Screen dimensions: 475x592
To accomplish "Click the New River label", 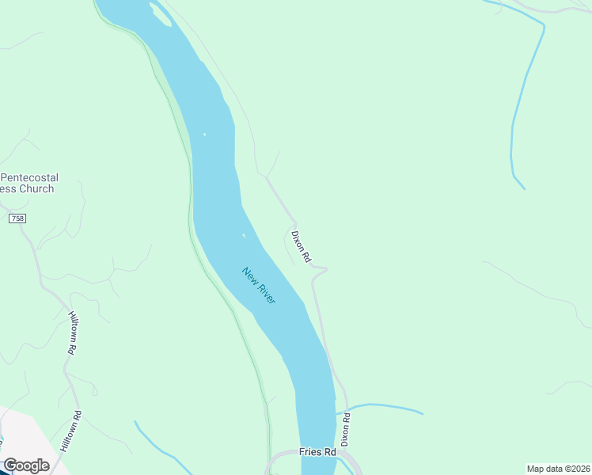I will (x=259, y=287).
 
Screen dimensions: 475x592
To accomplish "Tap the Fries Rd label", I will (x=317, y=452).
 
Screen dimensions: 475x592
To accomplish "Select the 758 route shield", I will (x=17, y=218).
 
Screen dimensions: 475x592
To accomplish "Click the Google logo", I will (x=26, y=465).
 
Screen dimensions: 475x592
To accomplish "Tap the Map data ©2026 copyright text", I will (x=559, y=469).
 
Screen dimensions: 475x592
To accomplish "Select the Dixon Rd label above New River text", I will (x=301, y=246).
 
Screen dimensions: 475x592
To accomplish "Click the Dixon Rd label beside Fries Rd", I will (x=345, y=428).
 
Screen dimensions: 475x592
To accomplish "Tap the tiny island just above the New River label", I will (x=243, y=235).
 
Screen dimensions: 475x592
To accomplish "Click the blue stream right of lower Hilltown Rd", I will (x=158, y=445).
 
